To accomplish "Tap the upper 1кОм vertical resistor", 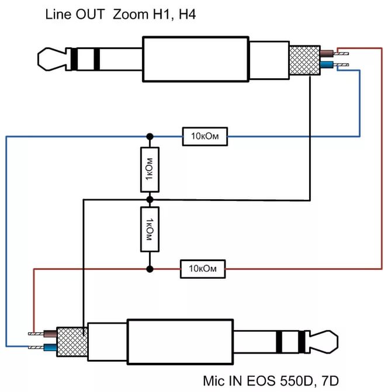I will pos(150,170).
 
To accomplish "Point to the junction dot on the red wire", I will pos(150,269).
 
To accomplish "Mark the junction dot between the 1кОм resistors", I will pos(150,199).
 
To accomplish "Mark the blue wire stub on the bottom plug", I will pos(48,348).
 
